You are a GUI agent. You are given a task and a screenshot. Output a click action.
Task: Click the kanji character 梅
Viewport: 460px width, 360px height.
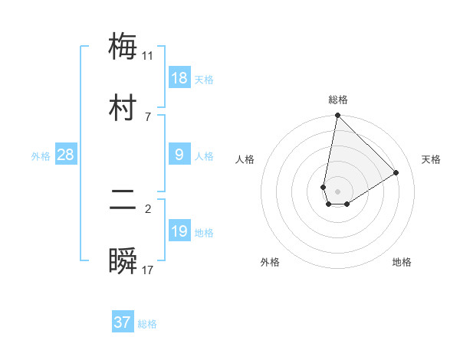(123, 47)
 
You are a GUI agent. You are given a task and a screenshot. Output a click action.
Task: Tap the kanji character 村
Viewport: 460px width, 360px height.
(123, 106)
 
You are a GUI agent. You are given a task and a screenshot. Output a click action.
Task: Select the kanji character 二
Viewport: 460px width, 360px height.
(123, 200)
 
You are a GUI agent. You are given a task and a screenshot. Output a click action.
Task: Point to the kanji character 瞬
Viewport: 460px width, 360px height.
(123, 260)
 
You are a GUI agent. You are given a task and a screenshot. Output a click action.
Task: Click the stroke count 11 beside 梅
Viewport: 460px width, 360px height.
(147, 56)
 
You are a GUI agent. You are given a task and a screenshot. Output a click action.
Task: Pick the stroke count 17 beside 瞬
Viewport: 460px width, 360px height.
(147, 270)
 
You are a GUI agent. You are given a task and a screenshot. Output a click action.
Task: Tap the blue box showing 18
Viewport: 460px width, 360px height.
(179, 78)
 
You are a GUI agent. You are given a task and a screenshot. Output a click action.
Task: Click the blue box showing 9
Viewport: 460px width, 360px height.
(179, 155)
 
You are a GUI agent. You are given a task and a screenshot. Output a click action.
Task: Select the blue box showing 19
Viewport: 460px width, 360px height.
(179, 231)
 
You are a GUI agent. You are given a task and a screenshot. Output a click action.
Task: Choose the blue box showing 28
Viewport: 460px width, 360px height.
(66, 155)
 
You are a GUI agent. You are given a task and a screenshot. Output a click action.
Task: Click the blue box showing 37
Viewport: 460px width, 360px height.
(123, 322)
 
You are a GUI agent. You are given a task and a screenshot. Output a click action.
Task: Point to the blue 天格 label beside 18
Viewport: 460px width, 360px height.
(204, 80)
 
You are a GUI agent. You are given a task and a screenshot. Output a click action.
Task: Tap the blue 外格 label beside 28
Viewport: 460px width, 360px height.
(41, 156)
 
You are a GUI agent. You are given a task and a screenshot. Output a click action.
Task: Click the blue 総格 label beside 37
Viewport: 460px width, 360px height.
(147, 324)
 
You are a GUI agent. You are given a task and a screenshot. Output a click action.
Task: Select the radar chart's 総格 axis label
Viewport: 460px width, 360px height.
(338, 100)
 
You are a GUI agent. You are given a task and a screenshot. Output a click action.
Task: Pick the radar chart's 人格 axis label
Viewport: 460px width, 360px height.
(245, 159)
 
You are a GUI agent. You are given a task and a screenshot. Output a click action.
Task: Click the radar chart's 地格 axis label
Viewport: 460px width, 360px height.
(402, 262)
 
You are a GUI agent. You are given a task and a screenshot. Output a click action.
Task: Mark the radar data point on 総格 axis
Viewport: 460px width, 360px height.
(337, 116)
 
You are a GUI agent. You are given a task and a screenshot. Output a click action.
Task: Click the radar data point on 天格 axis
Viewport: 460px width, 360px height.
(396, 173)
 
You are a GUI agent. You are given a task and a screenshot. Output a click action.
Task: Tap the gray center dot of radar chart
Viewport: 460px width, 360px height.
(338, 191)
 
